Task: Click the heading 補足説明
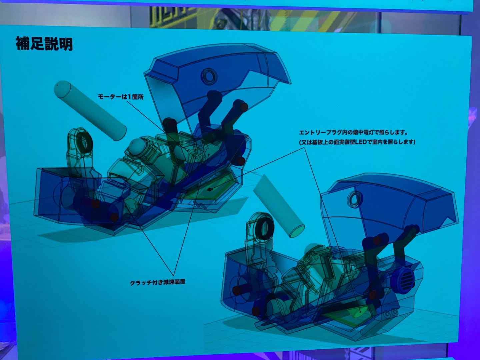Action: (44, 44)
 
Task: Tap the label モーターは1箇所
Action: (121, 97)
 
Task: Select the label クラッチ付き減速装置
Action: (157, 282)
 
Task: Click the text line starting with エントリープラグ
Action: (353, 132)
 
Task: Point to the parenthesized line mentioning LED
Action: (357, 142)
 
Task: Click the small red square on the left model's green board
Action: (210, 189)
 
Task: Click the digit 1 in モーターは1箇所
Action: (129, 97)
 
